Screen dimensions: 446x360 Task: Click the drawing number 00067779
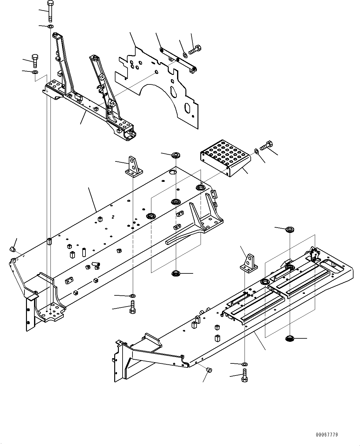point(327,435)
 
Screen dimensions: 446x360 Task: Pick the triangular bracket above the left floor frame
point(133,166)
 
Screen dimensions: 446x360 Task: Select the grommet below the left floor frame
point(176,273)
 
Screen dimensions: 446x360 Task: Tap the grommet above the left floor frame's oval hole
point(176,155)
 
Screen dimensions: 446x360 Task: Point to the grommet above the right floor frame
point(290,229)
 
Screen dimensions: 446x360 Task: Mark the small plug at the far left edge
point(12,249)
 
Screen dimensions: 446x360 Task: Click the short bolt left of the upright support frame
point(35,60)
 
